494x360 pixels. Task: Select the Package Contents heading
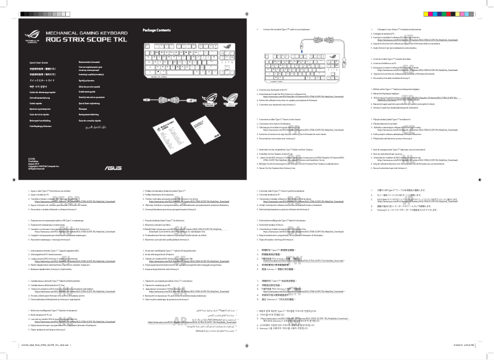(x=156, y=30)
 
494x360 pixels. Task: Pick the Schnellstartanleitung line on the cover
(x=41, y=97)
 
